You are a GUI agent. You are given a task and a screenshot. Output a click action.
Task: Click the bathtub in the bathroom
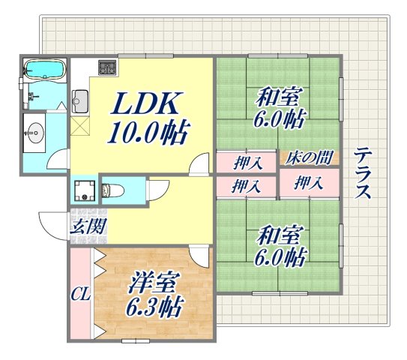pyautogui.click(x=43, y=71)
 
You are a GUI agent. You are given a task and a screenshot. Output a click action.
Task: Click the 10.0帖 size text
pyautogui.click(x=146, y=133)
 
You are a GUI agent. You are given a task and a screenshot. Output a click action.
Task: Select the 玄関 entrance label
pyautogui.click(x=87, y=224)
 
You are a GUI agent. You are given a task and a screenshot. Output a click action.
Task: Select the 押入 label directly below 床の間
pyautogui.click(x=307, y=182)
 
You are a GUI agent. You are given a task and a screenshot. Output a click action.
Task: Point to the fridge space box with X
pyautogui.click(x=80, y=124)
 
